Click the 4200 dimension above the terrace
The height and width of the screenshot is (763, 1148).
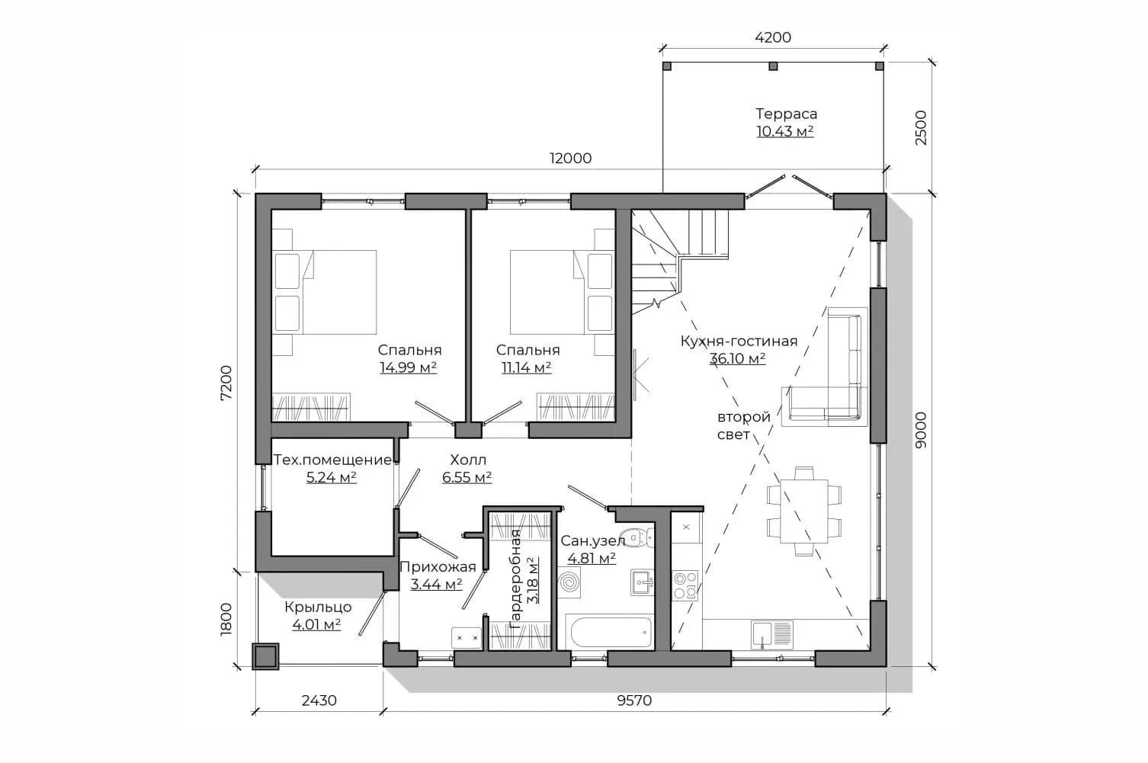773,37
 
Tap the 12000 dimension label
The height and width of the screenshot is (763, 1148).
570,158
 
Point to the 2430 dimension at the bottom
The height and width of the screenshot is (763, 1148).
319,700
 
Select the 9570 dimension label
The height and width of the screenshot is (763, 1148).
634,700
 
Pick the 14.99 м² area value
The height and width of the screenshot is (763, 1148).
408,367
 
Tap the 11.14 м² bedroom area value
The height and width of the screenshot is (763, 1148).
526,367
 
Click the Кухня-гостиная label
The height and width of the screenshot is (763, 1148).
739,341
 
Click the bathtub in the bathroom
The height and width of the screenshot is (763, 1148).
609,633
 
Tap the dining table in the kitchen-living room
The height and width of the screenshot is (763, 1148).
803,511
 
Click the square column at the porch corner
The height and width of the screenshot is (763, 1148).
265,656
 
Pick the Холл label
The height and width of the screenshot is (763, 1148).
468,460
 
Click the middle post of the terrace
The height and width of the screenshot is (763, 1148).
773,66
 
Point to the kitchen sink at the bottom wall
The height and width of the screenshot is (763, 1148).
772,635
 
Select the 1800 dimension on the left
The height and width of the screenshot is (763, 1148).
226,620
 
